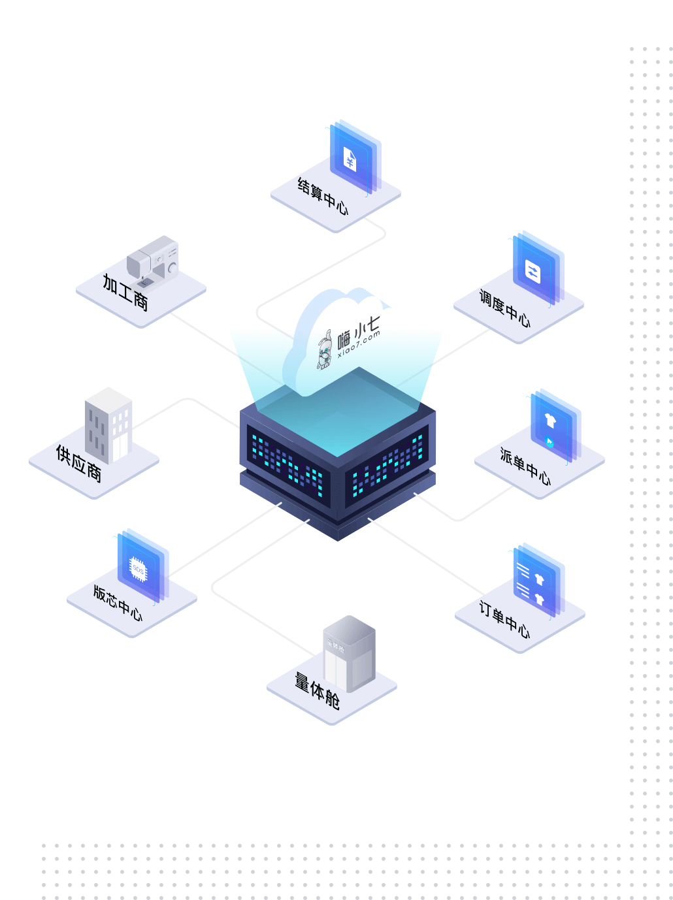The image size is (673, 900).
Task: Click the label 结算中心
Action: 322,196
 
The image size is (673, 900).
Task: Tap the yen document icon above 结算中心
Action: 350,159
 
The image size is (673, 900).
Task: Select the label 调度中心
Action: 505,308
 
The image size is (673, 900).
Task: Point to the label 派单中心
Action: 525,466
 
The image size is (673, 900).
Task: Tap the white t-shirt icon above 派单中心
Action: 550,420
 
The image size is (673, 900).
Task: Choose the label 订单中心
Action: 505,619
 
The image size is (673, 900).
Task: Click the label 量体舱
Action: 317,690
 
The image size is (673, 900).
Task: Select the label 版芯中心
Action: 118,603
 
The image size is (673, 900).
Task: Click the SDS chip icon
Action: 138,569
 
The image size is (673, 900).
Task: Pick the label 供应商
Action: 78,463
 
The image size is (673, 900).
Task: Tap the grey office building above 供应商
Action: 108,425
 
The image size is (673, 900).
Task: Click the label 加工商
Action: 125,292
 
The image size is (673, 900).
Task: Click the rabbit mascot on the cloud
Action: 324,349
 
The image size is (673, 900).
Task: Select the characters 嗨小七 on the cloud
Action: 358,332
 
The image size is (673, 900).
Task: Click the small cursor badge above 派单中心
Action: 549,442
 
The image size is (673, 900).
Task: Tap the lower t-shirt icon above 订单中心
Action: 540,600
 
